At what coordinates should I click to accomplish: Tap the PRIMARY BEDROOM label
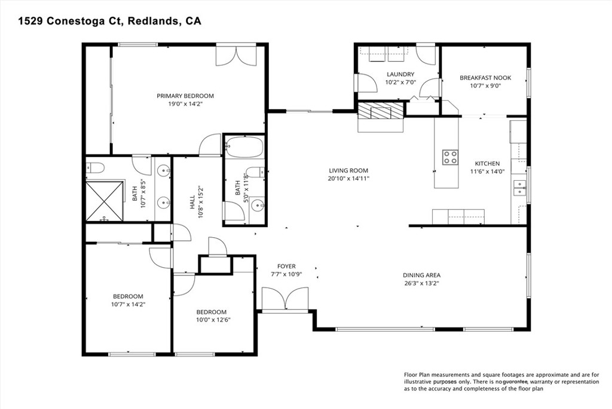[185, 96]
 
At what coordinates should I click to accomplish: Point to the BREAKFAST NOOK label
[485, 78]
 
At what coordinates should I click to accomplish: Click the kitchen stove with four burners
[450, 157]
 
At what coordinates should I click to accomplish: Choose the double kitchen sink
[519, 187]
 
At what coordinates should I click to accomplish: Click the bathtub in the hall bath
[244, 147]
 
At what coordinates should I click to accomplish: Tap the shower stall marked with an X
[105, 200]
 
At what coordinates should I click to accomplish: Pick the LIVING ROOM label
[348, 171]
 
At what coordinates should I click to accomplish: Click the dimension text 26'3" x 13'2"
[421, 283]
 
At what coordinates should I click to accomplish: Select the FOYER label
[286, 266]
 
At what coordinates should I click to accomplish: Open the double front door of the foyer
[285, 299]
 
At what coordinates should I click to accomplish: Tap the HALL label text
[192, 202]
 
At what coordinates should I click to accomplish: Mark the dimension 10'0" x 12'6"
[211, 320]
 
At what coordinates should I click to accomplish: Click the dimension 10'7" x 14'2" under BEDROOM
[128, 304]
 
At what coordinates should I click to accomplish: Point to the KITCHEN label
[487, 163]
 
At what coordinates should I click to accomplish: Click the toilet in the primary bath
[95, 168]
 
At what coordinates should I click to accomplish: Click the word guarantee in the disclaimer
[515, 381]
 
